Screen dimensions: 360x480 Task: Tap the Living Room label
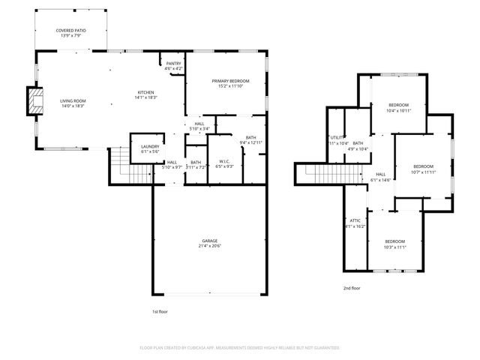tap(73, 100)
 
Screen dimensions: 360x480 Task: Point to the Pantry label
tap(173, 64)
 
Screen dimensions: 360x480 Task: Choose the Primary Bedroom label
tap(230, 81)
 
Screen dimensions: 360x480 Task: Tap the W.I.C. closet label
tap(224, 161)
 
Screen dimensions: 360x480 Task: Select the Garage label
tap(209, 241)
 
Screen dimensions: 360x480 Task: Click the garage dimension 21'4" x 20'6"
tap(209, 246)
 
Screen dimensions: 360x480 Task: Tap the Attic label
tap(355, 220)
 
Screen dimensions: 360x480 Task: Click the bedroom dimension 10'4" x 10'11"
tap(398, 110)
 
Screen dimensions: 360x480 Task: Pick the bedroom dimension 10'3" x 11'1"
tap(394, 247)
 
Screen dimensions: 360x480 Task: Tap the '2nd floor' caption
tap(352, 288)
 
